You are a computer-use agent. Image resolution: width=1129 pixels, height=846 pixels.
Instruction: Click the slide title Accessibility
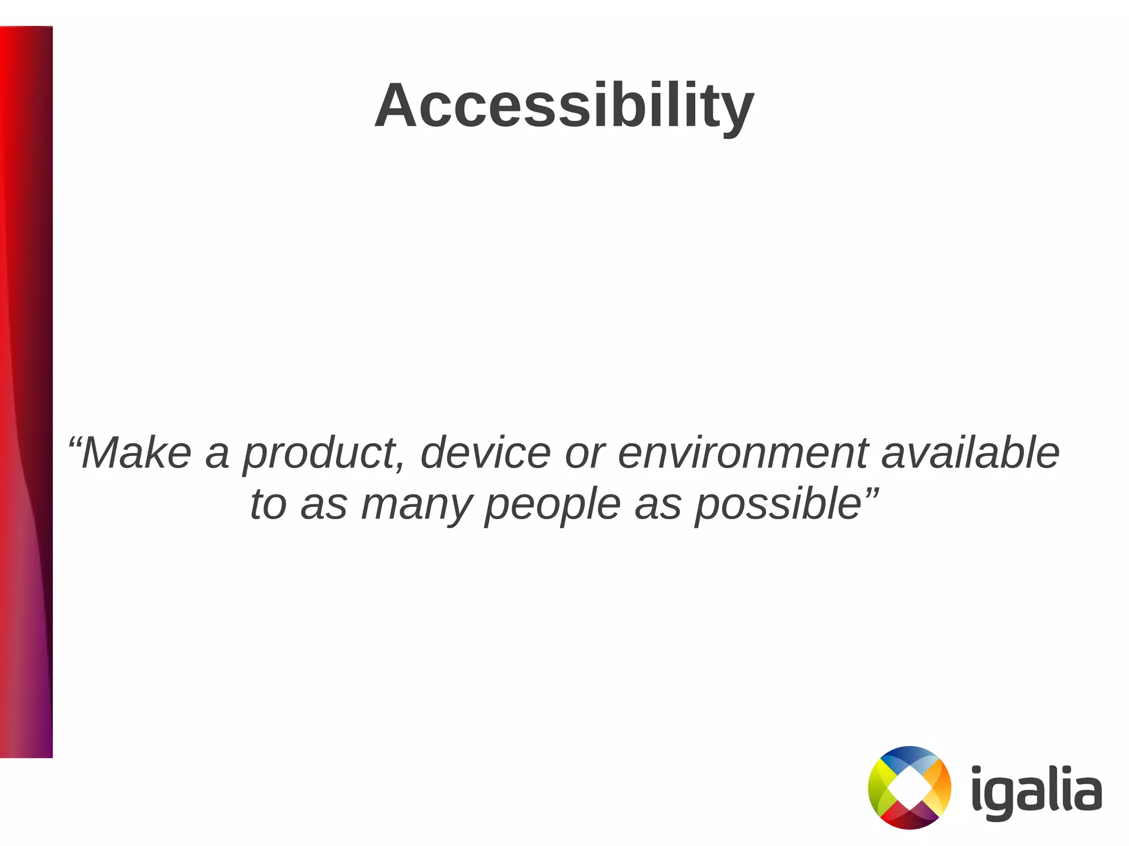pyautogui.click(x=564, y=106)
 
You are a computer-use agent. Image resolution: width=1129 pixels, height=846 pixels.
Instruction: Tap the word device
pyautogui.click(x=485, y=453)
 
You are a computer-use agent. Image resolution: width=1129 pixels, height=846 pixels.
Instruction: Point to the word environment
pyautogui.click(x=742, y=453)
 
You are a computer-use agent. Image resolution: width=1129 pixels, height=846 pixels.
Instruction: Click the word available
pyautogui.click(x=970, y=453)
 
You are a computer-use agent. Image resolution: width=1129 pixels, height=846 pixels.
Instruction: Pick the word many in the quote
pyautogui.click(x=416, y=505)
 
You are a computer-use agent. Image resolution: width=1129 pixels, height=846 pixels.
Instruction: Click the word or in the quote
pyautogui.click(x=583, y=454)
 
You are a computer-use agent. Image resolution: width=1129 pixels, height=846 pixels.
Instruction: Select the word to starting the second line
pyautogui.click(x=268, y=505)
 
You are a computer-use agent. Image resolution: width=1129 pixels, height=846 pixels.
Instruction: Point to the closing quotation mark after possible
pyautogui.click(x=870, y=492)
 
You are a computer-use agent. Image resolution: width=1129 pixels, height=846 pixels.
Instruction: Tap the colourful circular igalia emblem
pyautogui.click(x=910, y=788)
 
